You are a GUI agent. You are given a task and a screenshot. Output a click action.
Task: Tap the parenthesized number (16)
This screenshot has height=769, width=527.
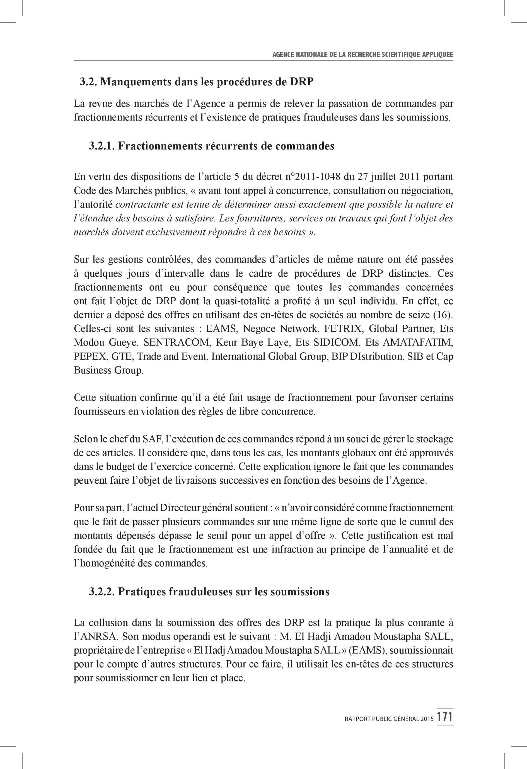443,315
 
